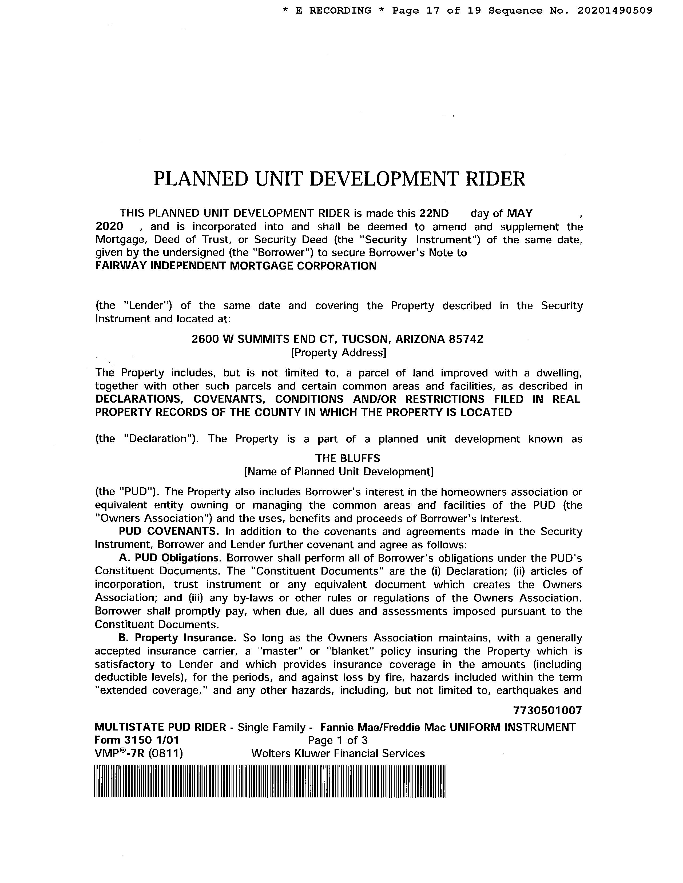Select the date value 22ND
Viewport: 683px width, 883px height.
point(434,214)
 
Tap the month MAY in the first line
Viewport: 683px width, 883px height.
point(520,214)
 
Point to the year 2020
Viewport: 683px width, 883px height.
point(109,226)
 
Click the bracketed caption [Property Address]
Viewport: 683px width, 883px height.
point(339,353)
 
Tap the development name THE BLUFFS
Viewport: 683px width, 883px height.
point(348,459)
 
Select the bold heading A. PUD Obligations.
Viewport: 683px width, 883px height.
point(170,558)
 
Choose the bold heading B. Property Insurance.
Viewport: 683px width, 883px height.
point(177,638)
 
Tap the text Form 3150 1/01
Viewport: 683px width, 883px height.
point(137,740)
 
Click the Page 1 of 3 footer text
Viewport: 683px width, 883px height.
point(338,740)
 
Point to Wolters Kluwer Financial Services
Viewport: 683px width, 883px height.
point(338,754)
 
